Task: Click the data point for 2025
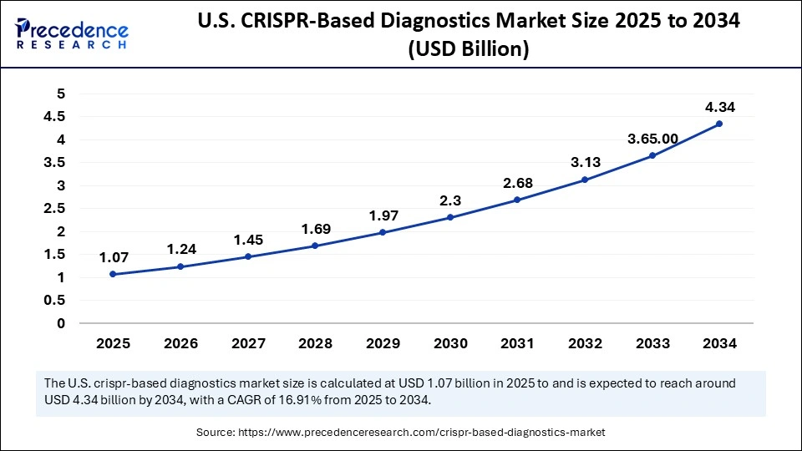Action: (x=113, y=274)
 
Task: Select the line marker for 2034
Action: (x=719, y=124)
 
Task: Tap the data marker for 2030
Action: (x=450, y=217)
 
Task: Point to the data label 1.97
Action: (x=383, y=216)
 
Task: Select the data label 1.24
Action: (x=180, y=249)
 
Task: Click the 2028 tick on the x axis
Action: (x=315, y=343)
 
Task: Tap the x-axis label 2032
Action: (x=585, y=343)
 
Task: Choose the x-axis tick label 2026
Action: (x=180, y=343)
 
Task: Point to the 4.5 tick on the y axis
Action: (x=55, y=117)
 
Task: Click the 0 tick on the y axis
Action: (x=60, y=323)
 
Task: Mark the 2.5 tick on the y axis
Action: (x=55, y=209)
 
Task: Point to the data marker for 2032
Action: (x=585, y=180)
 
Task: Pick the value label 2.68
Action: (x=517, y=183)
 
